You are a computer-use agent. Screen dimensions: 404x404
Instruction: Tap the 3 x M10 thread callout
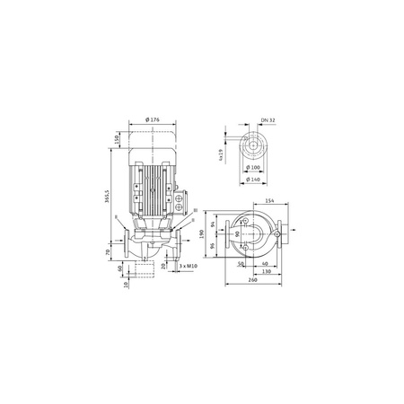click(x=188, y=267)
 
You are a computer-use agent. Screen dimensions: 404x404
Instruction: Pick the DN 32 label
click(x=265, y=121)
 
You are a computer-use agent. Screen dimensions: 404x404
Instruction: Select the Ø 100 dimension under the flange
click(x=253, y=169)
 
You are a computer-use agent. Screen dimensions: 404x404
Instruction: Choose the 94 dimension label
click(x=213, y=224)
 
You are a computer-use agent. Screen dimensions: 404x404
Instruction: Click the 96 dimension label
click(x=213, y=246)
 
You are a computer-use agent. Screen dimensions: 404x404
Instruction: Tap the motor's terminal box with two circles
click(x=181, y=192)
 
